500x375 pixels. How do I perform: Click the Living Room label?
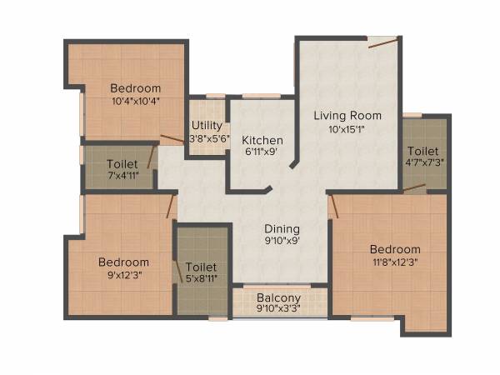coord(347,115)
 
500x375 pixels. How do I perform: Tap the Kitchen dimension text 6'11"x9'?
coord(262,152)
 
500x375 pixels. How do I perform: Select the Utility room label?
coord(207,126)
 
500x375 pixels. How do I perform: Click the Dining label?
coord(282,229)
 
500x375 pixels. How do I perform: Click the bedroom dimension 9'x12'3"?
coord(122,274)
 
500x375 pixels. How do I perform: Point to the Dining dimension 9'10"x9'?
coord(282,242)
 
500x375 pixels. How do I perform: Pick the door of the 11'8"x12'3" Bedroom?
coord(332,206)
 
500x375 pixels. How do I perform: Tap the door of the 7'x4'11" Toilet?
coord(151,157)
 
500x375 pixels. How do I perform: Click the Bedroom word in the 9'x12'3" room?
coord(122,262)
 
